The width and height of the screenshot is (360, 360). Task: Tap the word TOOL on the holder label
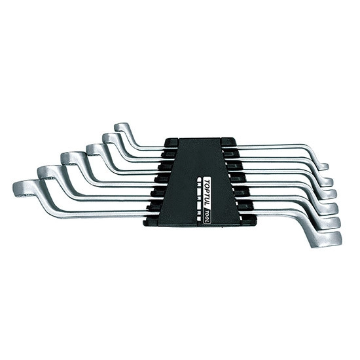207,215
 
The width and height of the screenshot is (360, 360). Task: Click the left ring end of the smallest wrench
122,128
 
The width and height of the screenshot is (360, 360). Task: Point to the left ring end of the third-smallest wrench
95,149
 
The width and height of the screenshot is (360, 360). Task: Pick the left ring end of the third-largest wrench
69,158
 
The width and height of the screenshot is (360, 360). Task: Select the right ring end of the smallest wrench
324,166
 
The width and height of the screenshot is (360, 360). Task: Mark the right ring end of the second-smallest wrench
327,181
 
